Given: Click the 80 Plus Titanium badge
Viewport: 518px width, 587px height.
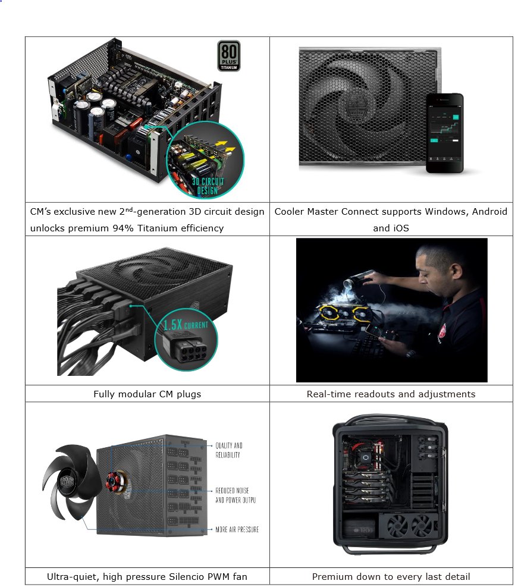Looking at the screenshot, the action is pyautogui.click(x=229, y=56).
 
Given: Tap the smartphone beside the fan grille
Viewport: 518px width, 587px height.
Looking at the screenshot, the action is pyautogui.click(x=445, y=133).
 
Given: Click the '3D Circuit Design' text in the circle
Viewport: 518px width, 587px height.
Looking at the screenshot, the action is pyautogui.click(x=208, y=186).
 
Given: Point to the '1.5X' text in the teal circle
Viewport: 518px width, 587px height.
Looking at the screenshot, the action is pyautogui.click(x=172, y=324).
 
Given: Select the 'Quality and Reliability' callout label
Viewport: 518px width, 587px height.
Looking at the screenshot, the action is pyautogui.click(x=229, y=450).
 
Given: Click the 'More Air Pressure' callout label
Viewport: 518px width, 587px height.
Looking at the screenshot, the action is pyautogui.click(x=237, y=529).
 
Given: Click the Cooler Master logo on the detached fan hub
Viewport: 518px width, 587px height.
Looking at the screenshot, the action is pyautogui.click(x=67, y=481).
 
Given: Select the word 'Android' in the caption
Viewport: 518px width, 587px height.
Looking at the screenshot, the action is pyautogui.click(x=489, y=212).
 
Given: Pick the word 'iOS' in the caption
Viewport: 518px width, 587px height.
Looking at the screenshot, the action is pyautogui.click(x=400, y=228).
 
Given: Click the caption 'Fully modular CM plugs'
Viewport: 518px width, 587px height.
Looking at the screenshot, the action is pyautogui.click(x=147, y=394).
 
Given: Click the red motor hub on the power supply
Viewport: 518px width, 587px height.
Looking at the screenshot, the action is pyautogui.click(x=112, y=481).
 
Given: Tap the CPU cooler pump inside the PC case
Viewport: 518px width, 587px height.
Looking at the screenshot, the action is pyautogui.click(x=366, y=457).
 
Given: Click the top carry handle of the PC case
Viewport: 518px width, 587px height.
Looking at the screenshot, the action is pyautogui.click(x=390, y=418).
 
